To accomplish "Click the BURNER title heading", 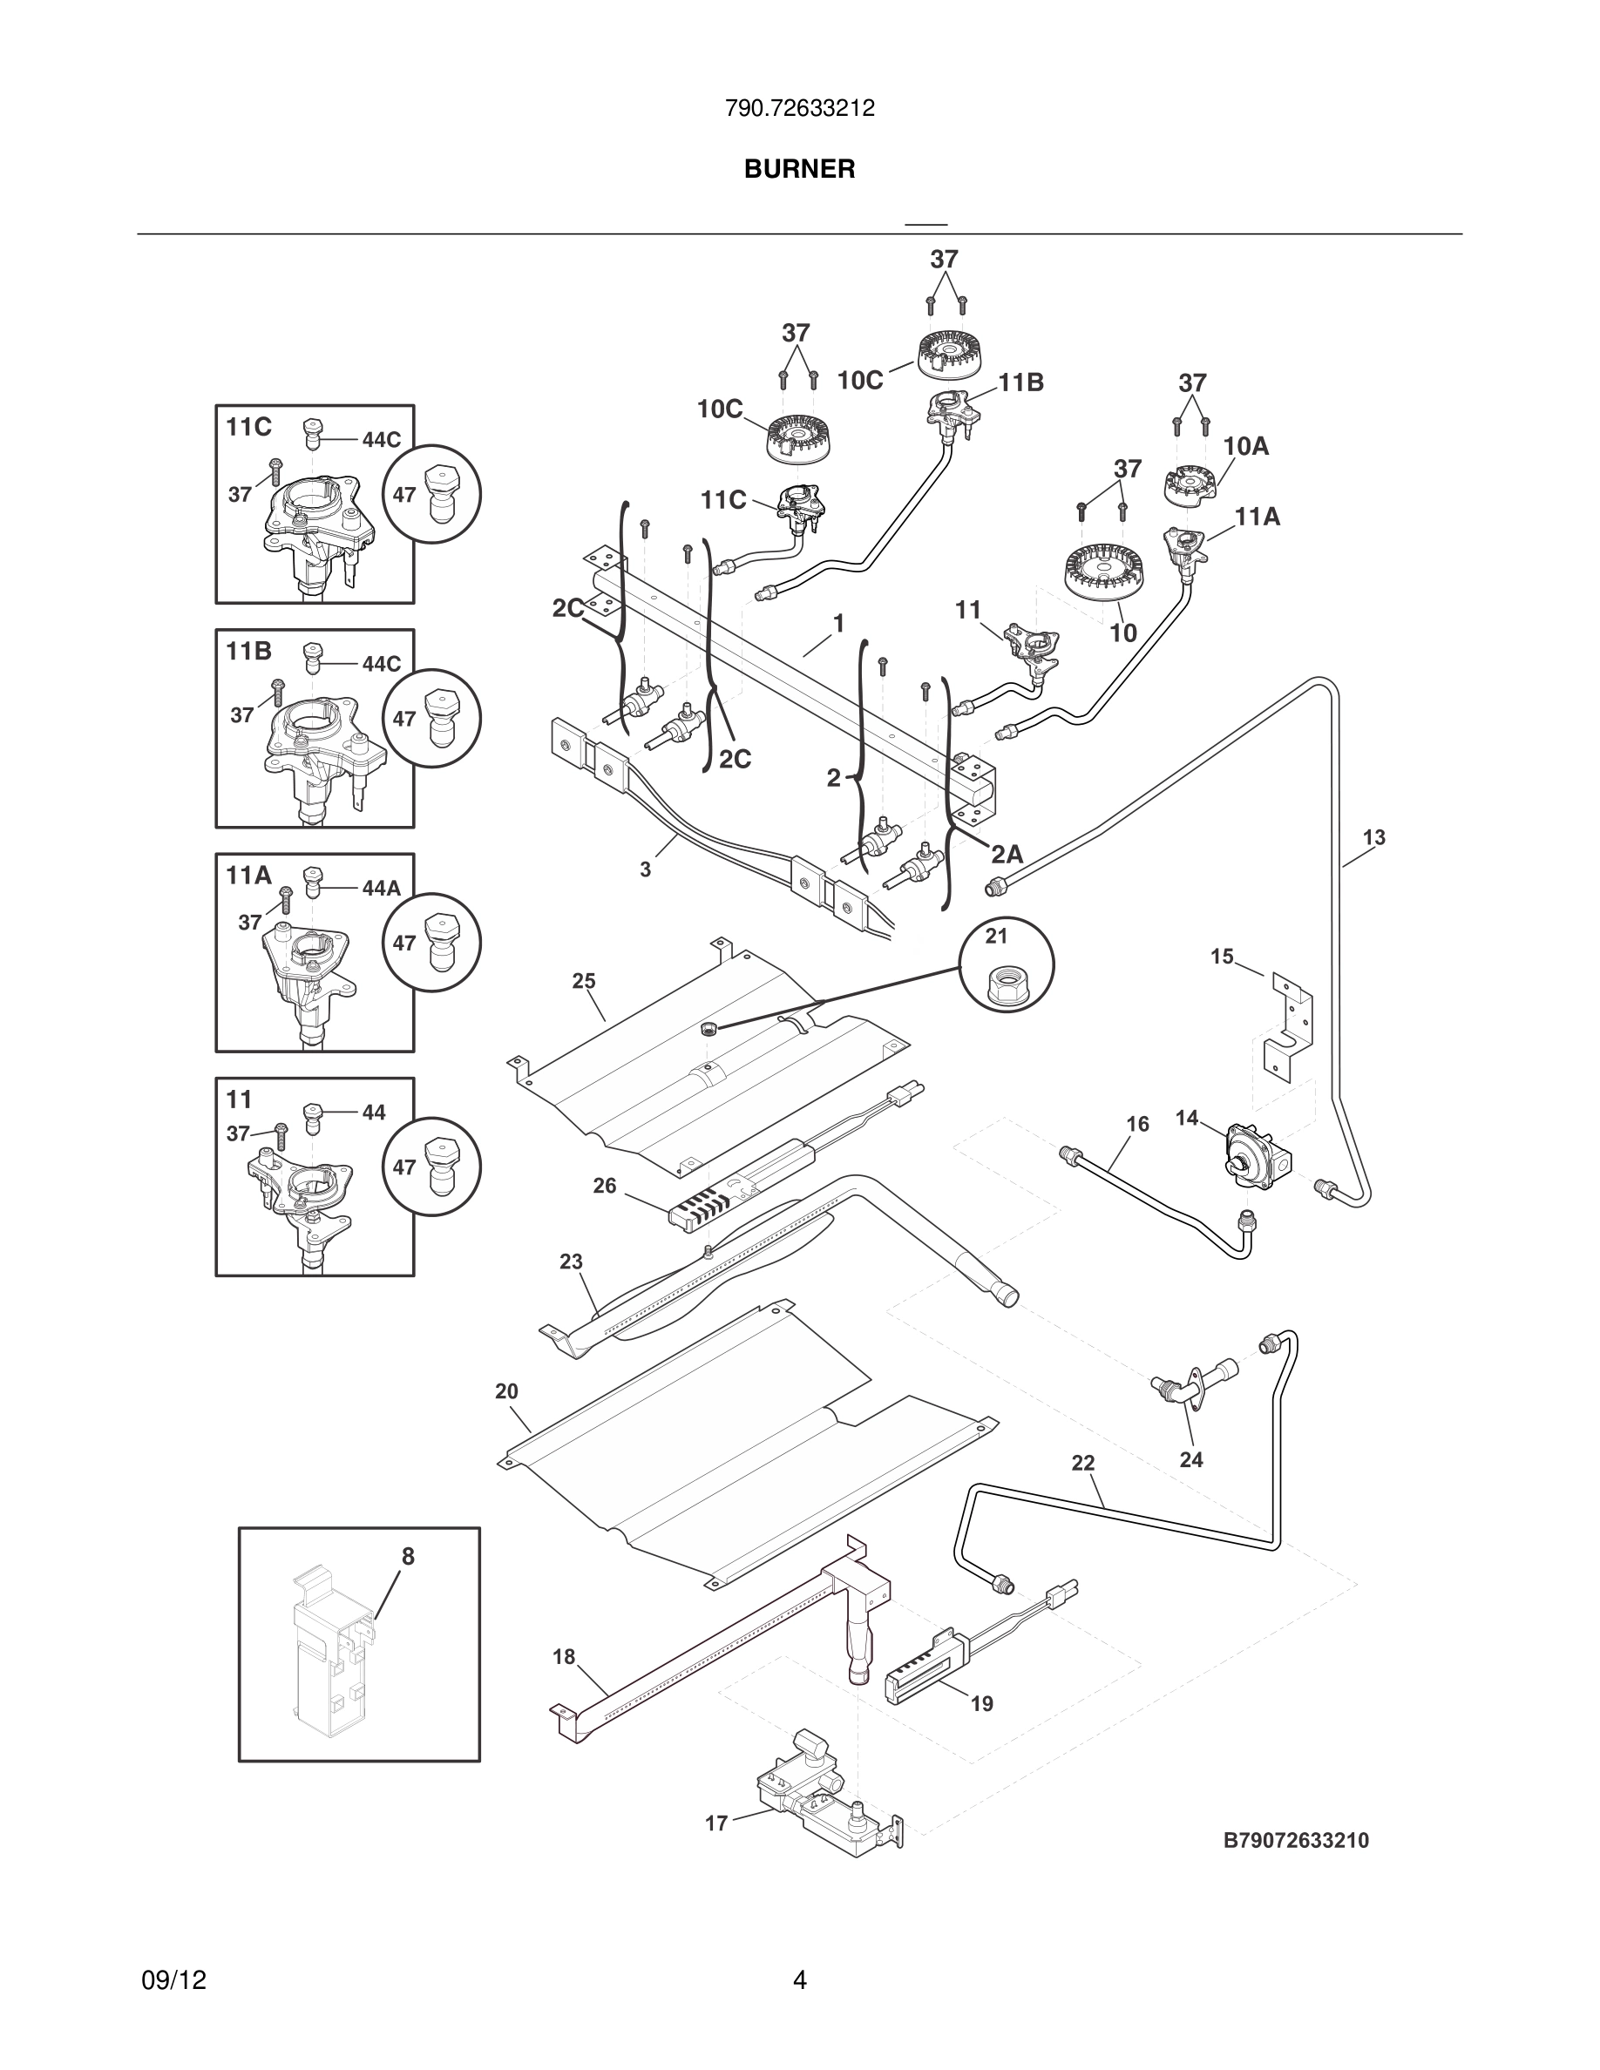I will (799, 169).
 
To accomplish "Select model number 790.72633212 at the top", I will (799, 109).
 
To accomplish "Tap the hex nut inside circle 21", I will (1007, 991).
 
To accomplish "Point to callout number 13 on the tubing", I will (1373, 838).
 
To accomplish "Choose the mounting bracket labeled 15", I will (1291, 1028).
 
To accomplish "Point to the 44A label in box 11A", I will (381, 888).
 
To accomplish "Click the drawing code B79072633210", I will (1296, 1841).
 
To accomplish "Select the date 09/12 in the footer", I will (173, 1980).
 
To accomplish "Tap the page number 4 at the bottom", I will (799, 1980).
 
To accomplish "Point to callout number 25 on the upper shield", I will (583, 981).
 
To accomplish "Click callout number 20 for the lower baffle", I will (506, 1391).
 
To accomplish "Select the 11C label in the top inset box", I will (248, 428).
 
